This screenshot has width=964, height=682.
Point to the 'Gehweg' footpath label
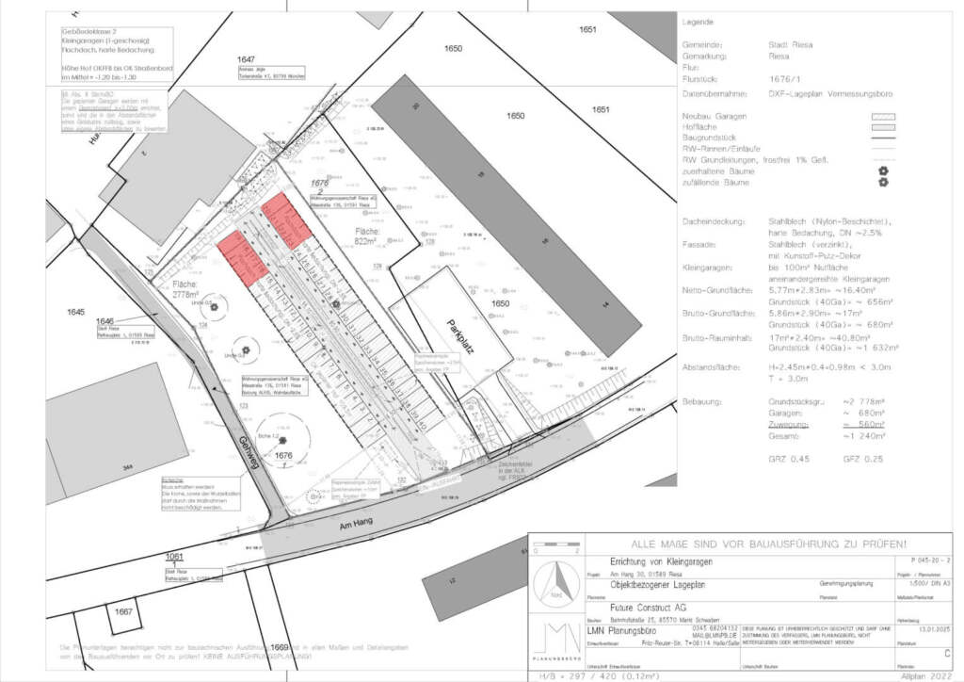(248, 455)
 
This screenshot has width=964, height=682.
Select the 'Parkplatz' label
(460, 335)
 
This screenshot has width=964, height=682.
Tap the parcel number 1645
(76, 310)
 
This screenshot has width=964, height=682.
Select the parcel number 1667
(122, 611)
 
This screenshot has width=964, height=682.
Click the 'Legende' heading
(698, 22)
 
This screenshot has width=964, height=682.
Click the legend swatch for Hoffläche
(882, 126)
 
